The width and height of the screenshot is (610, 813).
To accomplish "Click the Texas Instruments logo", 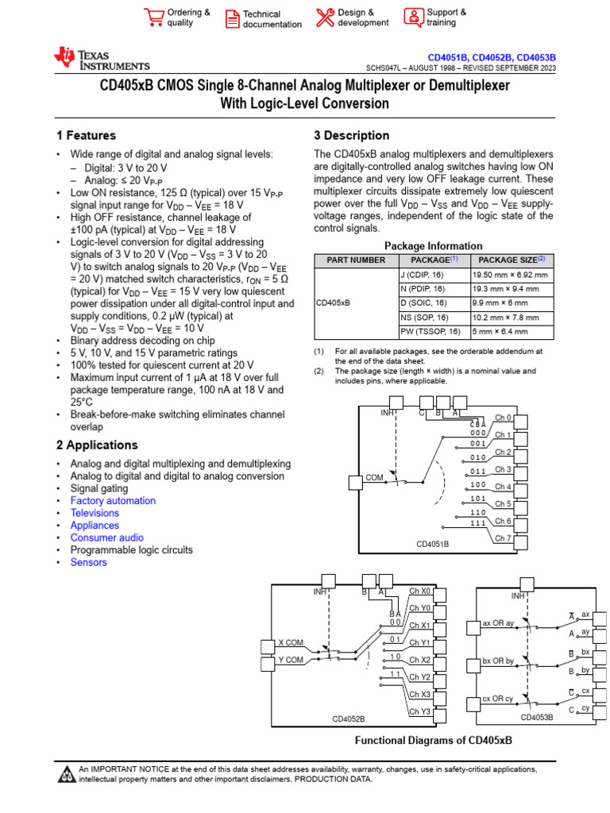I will coord(101,59).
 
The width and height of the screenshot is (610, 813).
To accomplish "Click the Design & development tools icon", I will coord(325,17).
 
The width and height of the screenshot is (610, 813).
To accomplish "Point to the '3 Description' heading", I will coord(352,136).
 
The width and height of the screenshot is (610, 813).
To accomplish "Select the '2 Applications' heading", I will coord(98,445).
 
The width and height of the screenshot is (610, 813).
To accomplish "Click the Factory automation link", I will coord(113,501).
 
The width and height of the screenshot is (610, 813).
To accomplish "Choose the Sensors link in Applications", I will coord(88,562).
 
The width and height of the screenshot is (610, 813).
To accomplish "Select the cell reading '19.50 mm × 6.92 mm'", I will coord(510,274).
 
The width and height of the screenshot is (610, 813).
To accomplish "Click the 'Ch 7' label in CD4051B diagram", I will coord(504,538).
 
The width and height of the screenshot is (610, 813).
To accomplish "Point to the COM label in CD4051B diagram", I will coord(374,479).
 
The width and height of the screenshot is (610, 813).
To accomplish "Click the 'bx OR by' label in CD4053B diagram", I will coord(498,661).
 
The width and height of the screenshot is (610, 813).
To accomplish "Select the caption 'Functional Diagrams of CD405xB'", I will coord(433,739).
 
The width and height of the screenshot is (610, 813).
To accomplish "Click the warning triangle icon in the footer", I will coord(67,774).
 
